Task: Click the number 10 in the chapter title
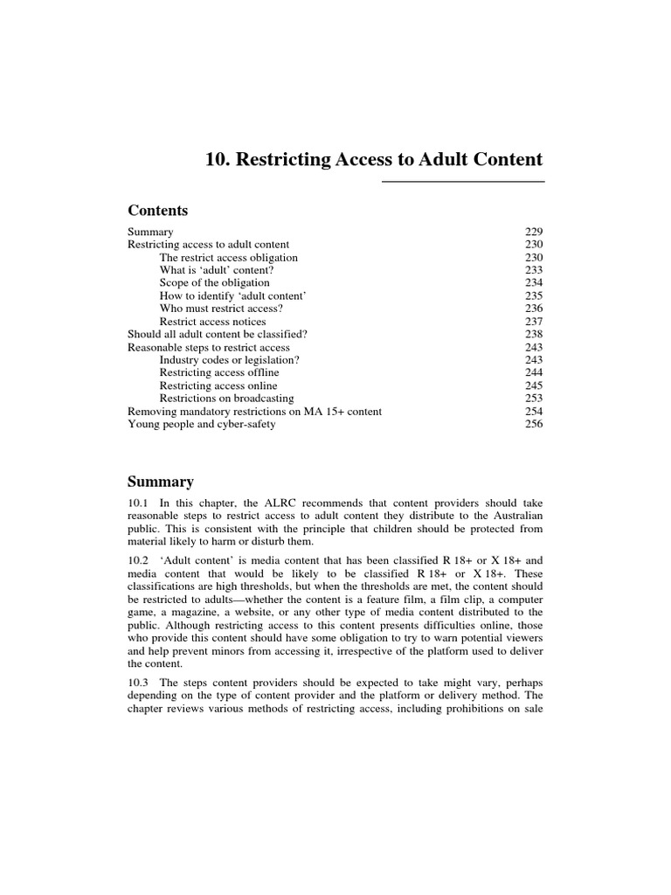click(x=215, y=160)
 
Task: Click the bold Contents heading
click(x=157, y=211)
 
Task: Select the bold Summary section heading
click(x=160, y=482)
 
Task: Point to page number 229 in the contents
click(x=534, y=232)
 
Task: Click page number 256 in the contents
click(x=534, y=424)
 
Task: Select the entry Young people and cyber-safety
click(x=201, y=424)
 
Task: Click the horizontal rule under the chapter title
click(x=463, y=182)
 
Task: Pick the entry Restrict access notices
click(x=212, y=322)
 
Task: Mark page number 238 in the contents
click(x=534, y=334)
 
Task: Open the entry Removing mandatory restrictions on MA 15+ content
click(x=254, y=412)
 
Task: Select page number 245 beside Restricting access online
click(x=534, y=385)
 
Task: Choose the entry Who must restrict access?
click(x=221, y=309)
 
